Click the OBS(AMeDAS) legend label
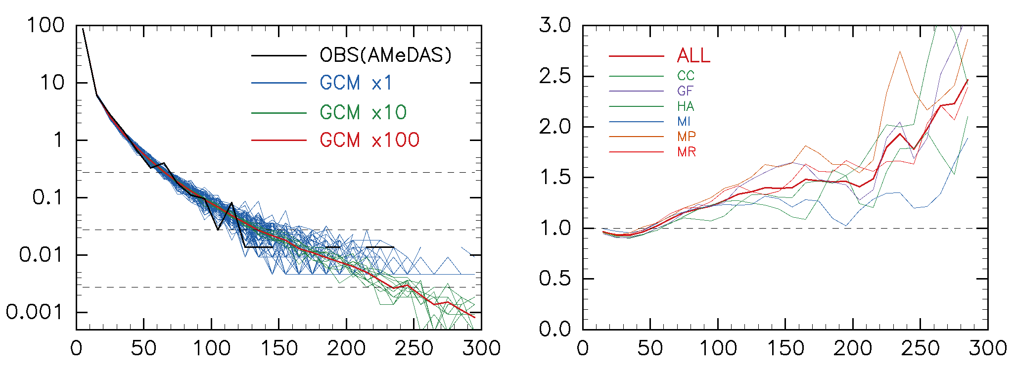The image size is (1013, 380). (x=386, y=55)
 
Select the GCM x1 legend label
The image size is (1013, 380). (x=356, y=83)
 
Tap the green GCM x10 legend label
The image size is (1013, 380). (x=363, y=113)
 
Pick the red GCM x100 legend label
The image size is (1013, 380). (x=369, y=141)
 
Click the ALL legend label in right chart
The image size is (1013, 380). (x=693, y=56)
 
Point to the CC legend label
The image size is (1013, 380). (x=686, y=76)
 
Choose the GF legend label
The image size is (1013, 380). (x=686, y=91)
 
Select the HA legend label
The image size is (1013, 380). (x=686, y=106)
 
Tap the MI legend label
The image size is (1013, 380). (x=684, y=122)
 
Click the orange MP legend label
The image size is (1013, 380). (x=687, y=137)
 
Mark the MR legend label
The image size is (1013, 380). (x=687, y=152)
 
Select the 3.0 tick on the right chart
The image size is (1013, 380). (x=555, y=25)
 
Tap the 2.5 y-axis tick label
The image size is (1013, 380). (x=555, y=76)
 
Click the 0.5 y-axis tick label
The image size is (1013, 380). (x=555, y=279)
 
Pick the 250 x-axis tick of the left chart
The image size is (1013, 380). (x=414, y=349)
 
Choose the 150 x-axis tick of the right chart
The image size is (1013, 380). (x=785, y=349)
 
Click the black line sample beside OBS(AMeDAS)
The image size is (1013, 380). (x=279, y=55)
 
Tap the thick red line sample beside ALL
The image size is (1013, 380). (x=636, y=56)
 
